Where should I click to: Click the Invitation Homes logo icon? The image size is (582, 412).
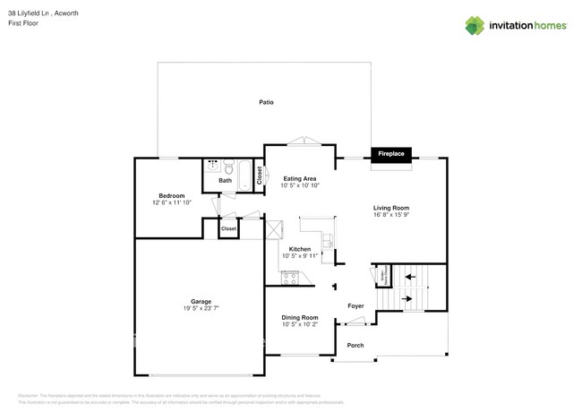point(475,25)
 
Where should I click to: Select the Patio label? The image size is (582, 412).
point(266,102)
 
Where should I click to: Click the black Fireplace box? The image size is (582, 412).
point(391,154)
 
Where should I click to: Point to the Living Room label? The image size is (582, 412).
point(391,208)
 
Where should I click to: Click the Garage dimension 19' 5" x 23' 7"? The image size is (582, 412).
point(201,309)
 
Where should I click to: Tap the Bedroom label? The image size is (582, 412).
point(172,195)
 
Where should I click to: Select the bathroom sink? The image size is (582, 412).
point(213,166)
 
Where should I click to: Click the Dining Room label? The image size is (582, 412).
point(300,317)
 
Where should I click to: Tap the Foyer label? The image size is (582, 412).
point(355,306)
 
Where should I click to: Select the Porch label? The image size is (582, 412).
point(355,345)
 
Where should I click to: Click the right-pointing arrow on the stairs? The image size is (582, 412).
point(408,298)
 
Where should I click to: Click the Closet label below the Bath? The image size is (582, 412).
point(228,228)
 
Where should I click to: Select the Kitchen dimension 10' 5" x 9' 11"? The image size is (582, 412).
point(301,256)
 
